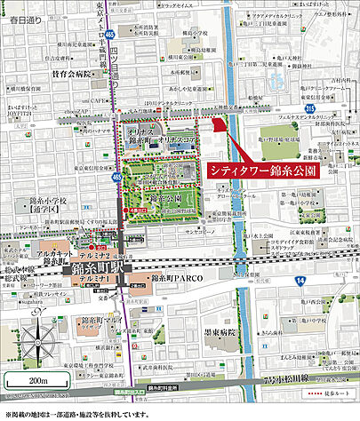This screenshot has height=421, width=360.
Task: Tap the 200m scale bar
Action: (x=36, y=384)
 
